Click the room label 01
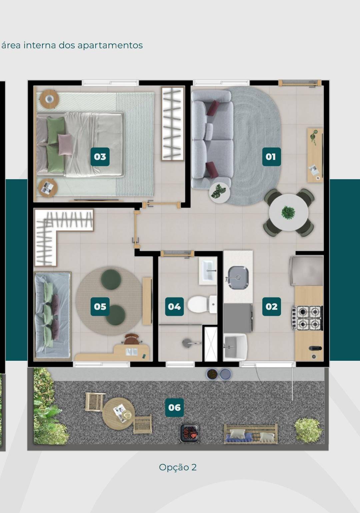[271, 157]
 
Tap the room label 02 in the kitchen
[271, 306]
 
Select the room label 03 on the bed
[100, 157]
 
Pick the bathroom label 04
[174, 306]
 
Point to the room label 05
[100, 306]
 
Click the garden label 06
[174, 407]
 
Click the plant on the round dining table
[288, 212]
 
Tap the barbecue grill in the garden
[189, 433]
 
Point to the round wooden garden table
[119, 413]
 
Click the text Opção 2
[178, 467]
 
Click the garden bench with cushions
[251, 434]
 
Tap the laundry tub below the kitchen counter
[235, 346]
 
